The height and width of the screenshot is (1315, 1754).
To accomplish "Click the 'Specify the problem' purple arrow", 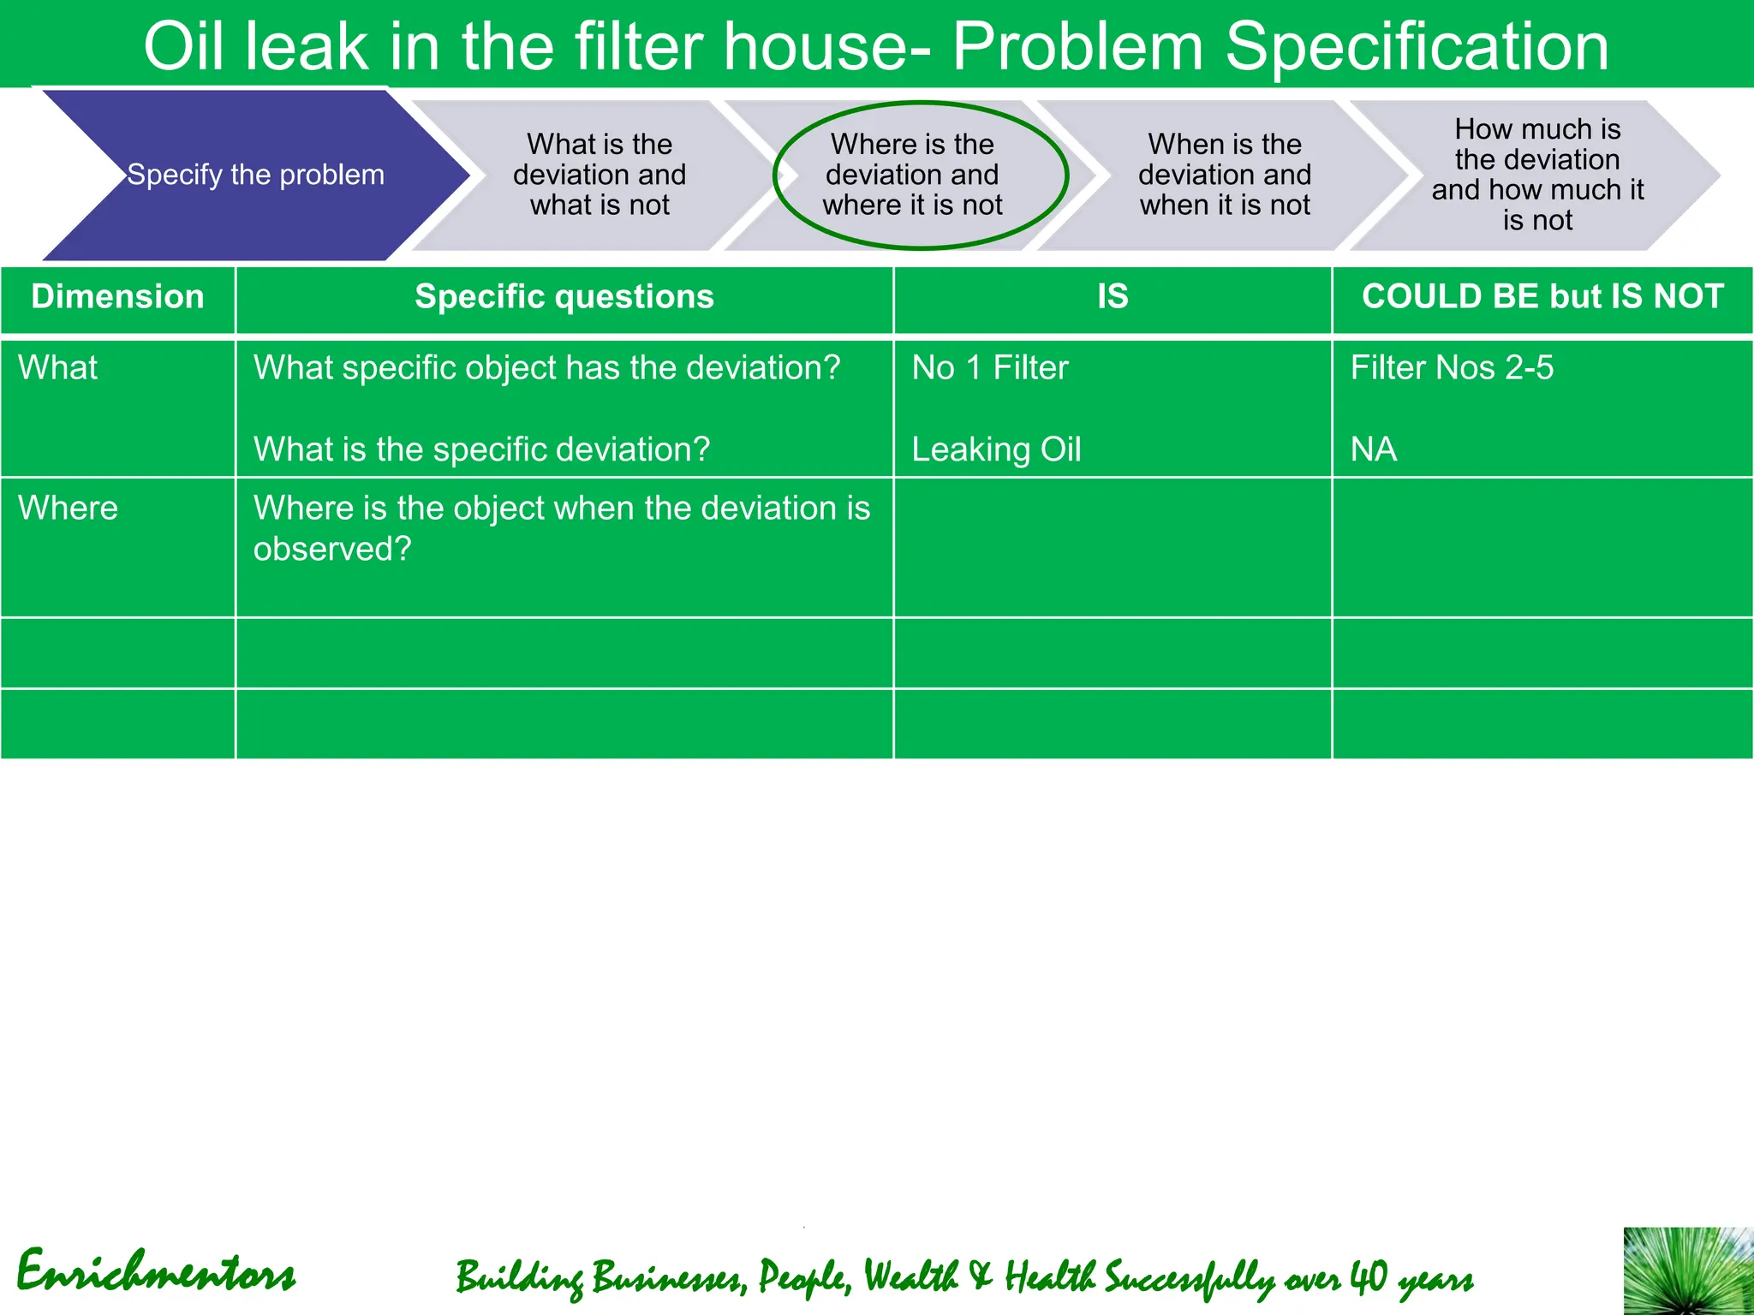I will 255,175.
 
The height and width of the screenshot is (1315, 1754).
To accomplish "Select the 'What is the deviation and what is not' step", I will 600,175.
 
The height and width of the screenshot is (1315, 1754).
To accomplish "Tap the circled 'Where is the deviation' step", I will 913,175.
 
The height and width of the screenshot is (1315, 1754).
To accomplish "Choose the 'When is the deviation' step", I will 1225,175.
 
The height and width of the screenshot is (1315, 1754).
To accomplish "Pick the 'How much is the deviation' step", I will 1537,175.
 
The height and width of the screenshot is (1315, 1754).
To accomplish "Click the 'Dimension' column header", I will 118,297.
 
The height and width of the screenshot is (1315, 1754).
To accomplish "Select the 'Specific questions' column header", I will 564,297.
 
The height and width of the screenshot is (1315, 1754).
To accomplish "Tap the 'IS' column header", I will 1113,297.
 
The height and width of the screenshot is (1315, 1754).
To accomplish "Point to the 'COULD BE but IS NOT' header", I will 1542,297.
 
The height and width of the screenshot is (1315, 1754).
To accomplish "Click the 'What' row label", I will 58,368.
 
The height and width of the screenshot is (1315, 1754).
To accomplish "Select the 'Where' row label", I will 69,509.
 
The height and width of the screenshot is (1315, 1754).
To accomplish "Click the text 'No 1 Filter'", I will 990,368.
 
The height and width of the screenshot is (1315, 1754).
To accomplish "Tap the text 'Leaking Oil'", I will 996,449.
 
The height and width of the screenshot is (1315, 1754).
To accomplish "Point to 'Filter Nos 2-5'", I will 1452,368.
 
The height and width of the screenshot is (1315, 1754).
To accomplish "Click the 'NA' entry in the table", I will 1374,449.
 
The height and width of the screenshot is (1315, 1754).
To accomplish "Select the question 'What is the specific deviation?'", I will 481,449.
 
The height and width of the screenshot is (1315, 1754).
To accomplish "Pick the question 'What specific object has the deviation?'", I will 547,368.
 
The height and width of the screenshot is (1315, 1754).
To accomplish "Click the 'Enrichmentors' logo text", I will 156,1271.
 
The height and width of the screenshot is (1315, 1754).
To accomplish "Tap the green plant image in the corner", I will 1688,1271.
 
